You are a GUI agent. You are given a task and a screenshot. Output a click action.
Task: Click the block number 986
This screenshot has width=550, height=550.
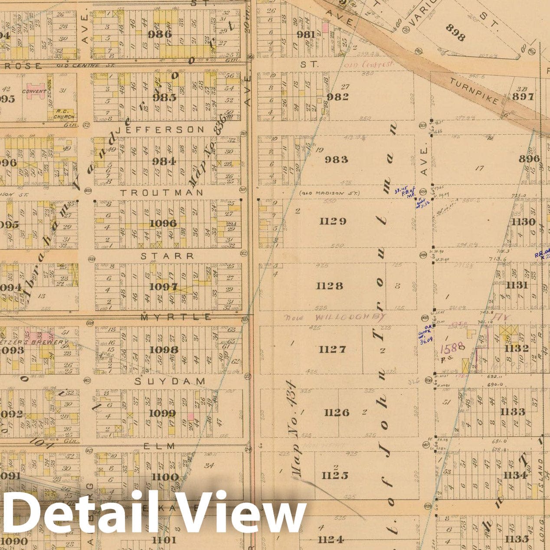pos(160,34)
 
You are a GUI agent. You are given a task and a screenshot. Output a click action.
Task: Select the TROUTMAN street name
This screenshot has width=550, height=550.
pos(161,192)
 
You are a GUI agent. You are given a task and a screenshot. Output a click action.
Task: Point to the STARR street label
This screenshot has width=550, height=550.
pos(167,256)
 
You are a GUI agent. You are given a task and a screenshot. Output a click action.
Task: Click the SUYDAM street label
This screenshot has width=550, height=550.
pos(170,381)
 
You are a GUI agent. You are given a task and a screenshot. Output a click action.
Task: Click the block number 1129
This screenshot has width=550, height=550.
pos(333,221)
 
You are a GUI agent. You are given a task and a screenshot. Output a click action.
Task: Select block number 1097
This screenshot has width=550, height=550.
pos(163,286)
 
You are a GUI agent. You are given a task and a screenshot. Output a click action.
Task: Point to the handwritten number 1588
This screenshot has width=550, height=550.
pos(453,347)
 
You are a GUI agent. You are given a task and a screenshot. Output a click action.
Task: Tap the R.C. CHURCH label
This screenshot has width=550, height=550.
pos(64,114)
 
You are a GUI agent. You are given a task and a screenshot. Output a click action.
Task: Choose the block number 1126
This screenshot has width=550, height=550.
pos(337,412)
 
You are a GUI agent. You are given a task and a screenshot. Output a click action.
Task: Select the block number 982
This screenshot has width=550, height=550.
pos(337,97)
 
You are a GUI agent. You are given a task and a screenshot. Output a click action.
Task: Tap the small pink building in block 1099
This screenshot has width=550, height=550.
pos(190,416)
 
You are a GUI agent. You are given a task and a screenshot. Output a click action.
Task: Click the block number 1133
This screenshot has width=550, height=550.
pos(513,411)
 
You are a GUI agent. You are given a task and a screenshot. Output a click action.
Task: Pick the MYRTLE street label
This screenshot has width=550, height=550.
pos(176,318)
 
